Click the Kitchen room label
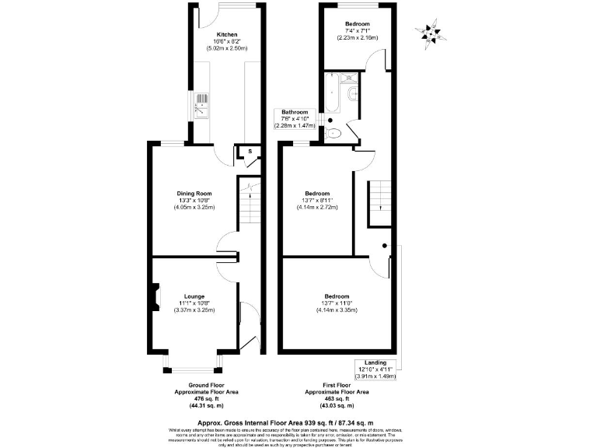(x=227, y=34)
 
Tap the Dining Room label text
(x=195, y=194)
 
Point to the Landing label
(x=375, y=363)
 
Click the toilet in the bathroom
(x=335, y=134)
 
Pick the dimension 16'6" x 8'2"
(x=227, y=42)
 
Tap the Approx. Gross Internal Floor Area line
(x=298, y=421)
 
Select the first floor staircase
(x=379, y=200)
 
